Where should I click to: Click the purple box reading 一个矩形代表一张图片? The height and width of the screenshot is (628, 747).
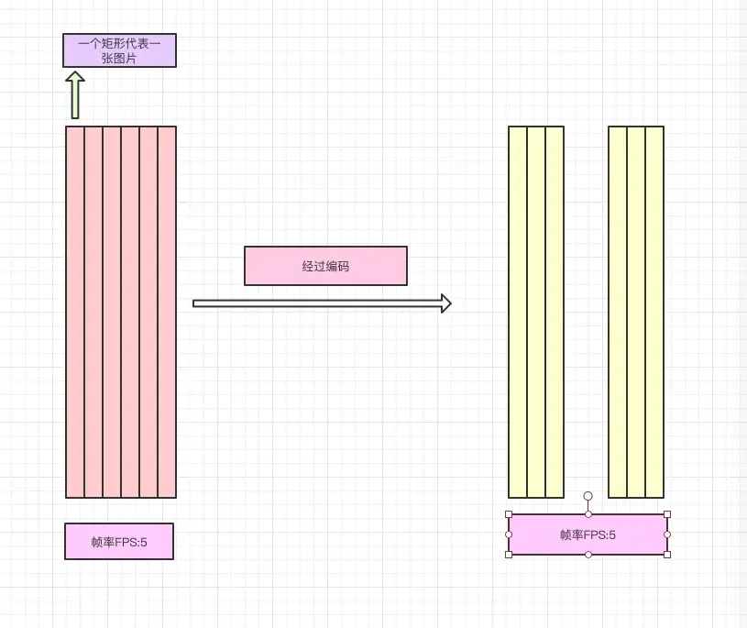119,50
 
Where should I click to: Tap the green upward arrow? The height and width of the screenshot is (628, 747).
75,95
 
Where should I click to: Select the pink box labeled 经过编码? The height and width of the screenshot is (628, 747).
325,266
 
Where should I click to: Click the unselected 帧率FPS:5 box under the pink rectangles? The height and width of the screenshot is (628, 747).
119,541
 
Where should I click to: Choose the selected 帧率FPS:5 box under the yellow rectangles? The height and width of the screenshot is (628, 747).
588,534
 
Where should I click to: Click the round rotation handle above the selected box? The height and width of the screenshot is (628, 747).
588,496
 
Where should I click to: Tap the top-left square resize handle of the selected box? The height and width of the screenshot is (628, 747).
509,514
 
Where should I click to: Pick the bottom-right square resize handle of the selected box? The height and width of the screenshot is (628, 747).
666,555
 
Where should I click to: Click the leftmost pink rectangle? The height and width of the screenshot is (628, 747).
75,312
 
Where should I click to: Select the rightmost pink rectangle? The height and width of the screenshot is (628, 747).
167,312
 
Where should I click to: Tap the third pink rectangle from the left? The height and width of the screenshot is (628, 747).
112,312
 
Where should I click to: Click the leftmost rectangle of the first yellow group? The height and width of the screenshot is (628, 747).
518,312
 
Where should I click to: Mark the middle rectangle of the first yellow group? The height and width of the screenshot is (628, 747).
536,312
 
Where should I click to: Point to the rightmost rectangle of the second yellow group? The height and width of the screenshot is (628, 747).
654,312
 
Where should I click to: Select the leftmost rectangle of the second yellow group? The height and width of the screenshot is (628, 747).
618,312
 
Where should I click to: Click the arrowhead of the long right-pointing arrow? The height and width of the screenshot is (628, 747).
445,303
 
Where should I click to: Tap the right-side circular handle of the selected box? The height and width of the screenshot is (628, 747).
666,534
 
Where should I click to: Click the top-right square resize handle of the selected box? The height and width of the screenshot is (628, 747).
666,514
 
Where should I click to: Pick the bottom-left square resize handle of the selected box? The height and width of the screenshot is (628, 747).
509,555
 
